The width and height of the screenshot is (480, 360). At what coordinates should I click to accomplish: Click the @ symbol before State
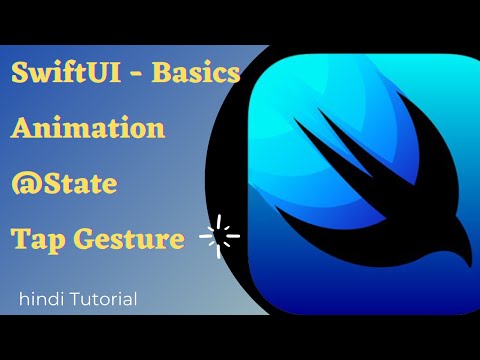(x=24, y=185)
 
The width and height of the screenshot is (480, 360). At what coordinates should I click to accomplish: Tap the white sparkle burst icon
(x=220, y=238)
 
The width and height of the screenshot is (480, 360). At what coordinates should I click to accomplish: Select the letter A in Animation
(x=23, y=129)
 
